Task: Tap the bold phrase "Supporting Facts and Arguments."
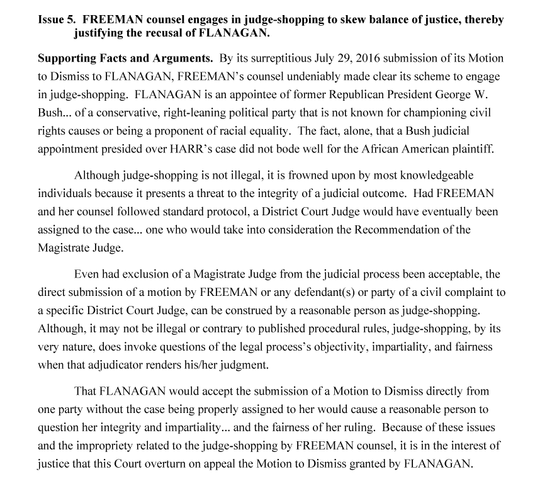point(125,59)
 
